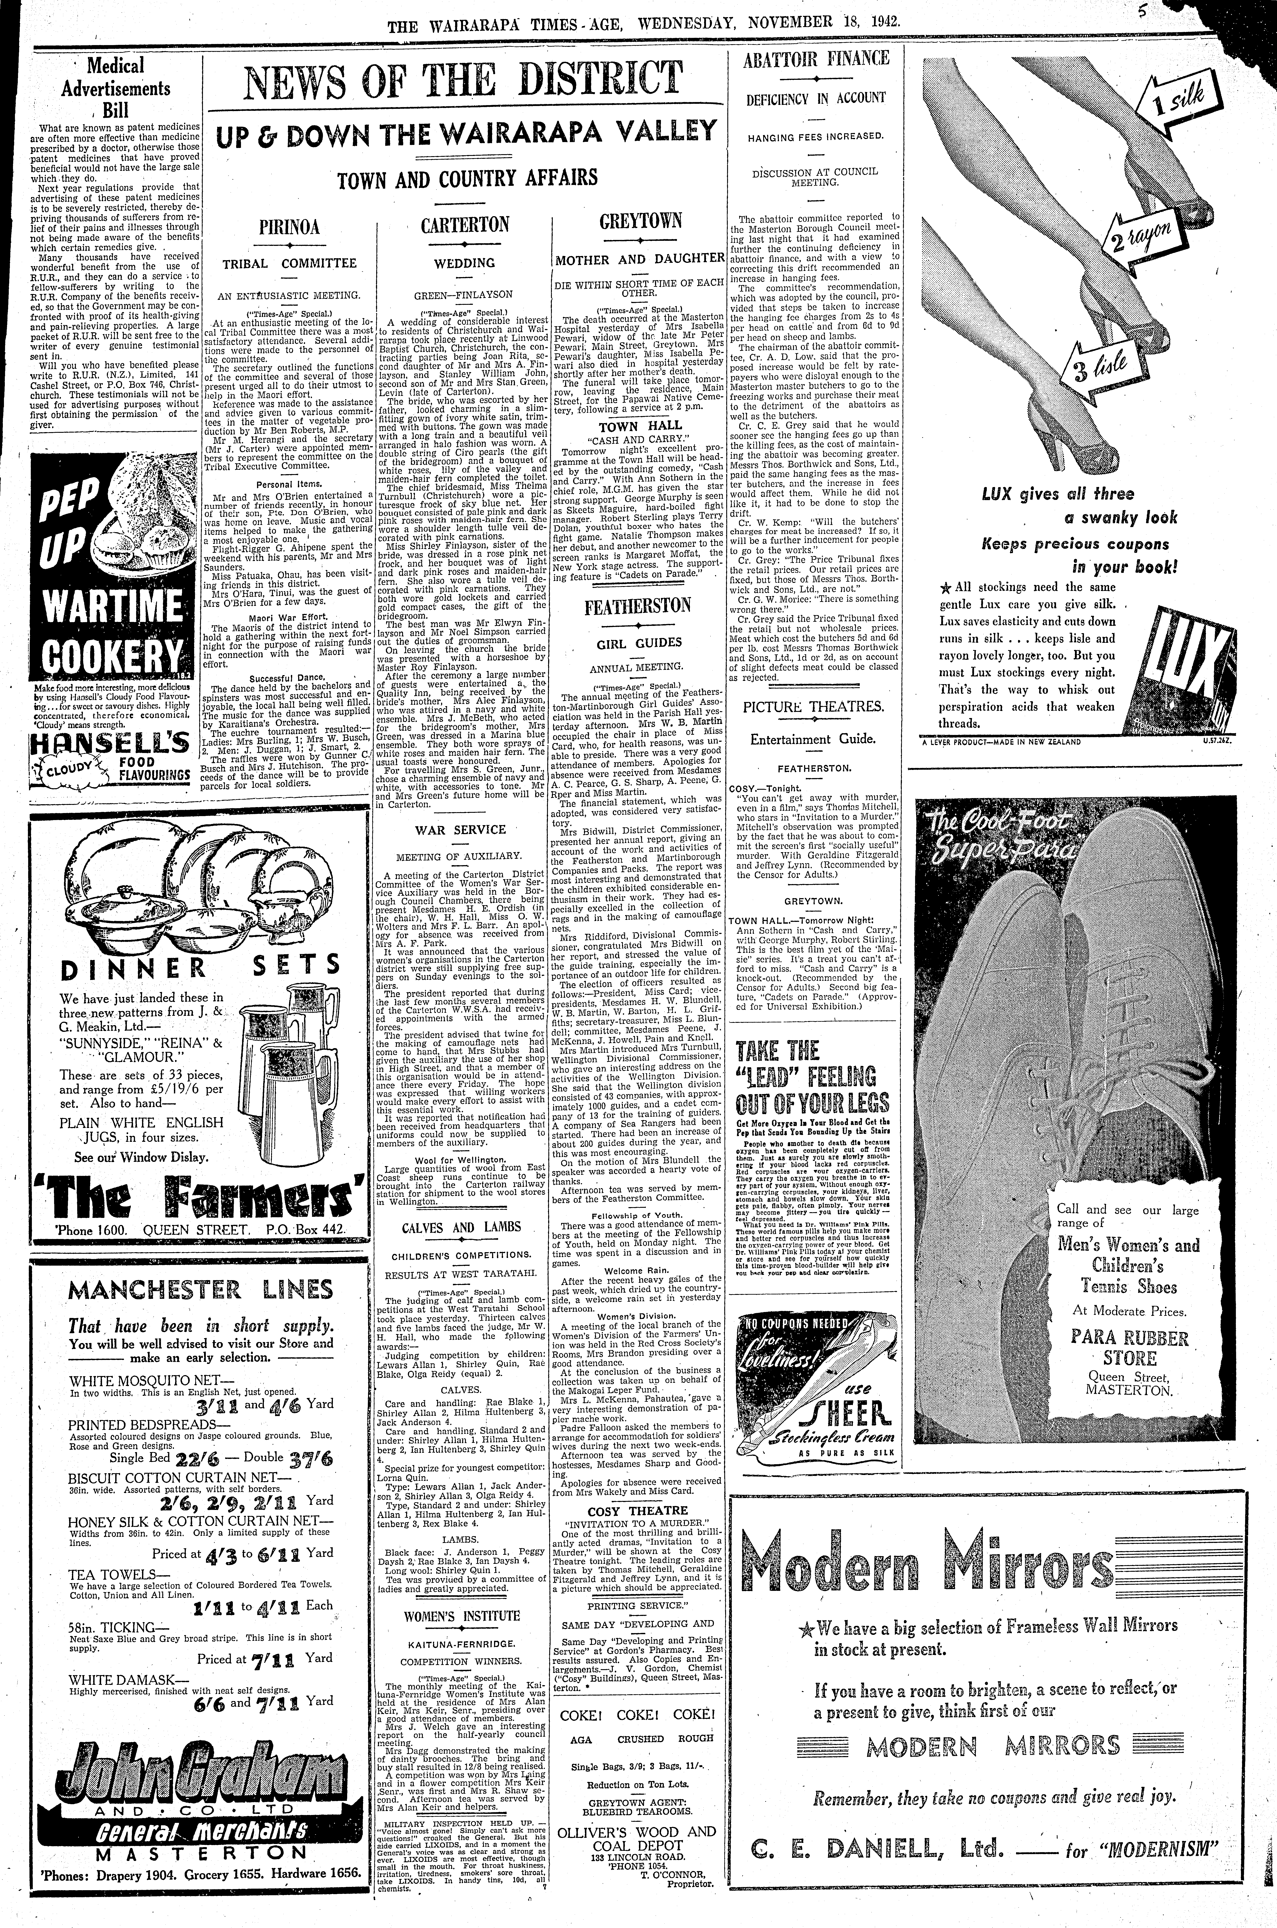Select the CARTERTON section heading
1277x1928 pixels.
point(465,225)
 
